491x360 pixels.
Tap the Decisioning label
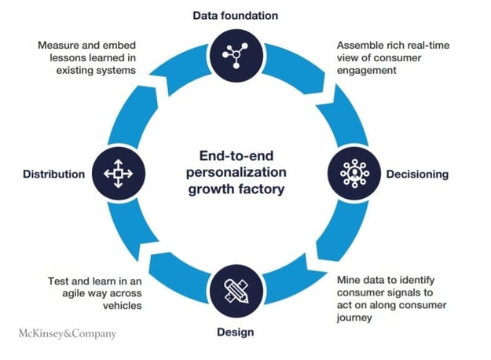point(417,174)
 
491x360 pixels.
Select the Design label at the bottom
point(236,332)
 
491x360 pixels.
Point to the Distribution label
point(53,174)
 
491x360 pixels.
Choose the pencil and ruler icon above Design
point(236,291)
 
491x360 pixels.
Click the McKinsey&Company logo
point(67,333)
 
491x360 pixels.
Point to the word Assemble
point(359,45)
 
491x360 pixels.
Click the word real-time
point(431,45)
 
